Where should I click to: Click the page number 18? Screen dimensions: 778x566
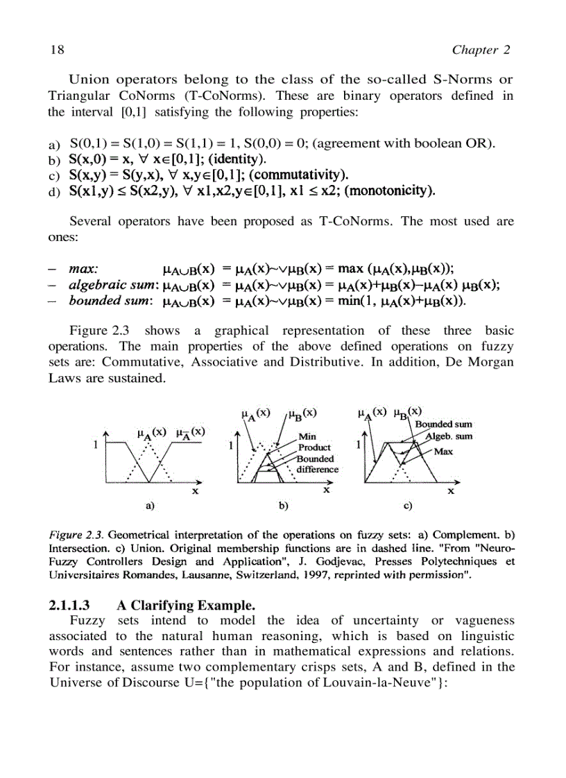(x=57, y=50)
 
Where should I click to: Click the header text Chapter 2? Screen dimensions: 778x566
(x=481, y=50)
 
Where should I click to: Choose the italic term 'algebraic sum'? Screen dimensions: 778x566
(x=109, y=285)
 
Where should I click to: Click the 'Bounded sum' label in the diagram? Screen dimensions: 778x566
(x=444, y=425)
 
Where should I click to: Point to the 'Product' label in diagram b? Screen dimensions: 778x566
(x=314, y=448)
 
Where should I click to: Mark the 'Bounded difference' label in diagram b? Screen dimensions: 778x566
(x=317, y=463)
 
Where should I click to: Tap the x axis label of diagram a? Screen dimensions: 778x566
(x=196, y=491)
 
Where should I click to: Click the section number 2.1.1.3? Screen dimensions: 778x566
(x=71, y=603)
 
